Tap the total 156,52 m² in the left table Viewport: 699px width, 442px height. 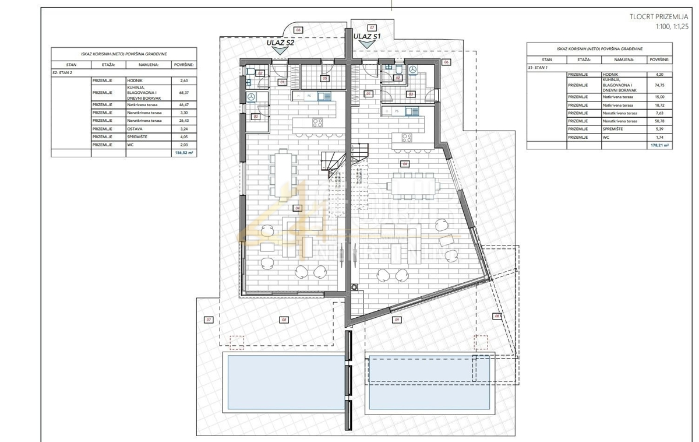pyautogui.click(x=185, y=153)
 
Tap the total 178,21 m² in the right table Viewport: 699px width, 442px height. pyautogui.click(x=659, y=145)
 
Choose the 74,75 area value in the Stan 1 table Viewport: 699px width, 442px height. pyautogui.click(x=659, y=85)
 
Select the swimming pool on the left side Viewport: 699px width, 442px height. pyautogui.click(x=282, y=383)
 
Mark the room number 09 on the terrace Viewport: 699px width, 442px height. pyautogui.click(x=396, y=320)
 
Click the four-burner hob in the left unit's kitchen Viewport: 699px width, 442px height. pyautogui.click(x=318, y=122)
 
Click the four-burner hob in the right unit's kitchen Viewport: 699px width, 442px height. pyautogui.click(x=406, y=138)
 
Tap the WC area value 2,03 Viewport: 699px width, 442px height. pyautogui.click(x=184, y=145)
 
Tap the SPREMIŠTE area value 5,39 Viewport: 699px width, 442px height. pyautogui.click(x=659, y=129)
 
